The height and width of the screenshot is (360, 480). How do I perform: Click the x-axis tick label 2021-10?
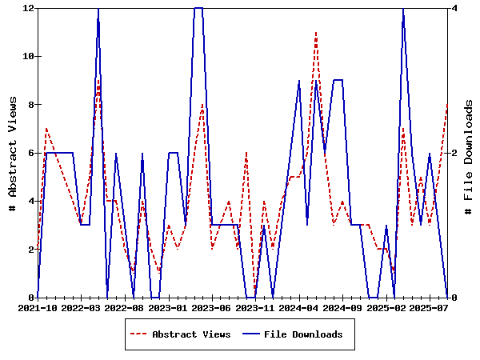click(x=37, y=307)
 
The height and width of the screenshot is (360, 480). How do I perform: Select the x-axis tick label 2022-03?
click(x=81, y=307)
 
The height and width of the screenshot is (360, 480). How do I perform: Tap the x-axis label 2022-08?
click(x=124, y=307)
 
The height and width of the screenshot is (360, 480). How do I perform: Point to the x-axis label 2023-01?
click(x=168, y=307)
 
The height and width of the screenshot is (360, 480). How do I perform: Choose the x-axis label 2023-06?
click(x=212, y=307)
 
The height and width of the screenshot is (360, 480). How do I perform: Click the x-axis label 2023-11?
click(x=255, y=307)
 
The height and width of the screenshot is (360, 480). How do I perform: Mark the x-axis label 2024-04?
click(x=299, y=307)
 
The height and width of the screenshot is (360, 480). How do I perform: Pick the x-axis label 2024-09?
click(x=343, y=307)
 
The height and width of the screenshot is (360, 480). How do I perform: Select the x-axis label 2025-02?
click(x=386, y=307)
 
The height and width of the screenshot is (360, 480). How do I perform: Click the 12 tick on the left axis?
click(x=28, y=8)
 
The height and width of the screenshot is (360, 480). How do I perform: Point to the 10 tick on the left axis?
click(x=28, y=56)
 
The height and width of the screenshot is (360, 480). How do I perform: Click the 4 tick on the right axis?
click(x=454, y=8)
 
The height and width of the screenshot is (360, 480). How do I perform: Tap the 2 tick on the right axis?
click(x=454, y=153)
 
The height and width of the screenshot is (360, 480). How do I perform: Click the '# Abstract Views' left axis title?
click(x=13, y=153)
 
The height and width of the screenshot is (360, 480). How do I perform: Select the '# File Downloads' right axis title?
click(x=470, y=153)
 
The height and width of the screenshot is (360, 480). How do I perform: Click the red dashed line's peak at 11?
click(x=317, y=33)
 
